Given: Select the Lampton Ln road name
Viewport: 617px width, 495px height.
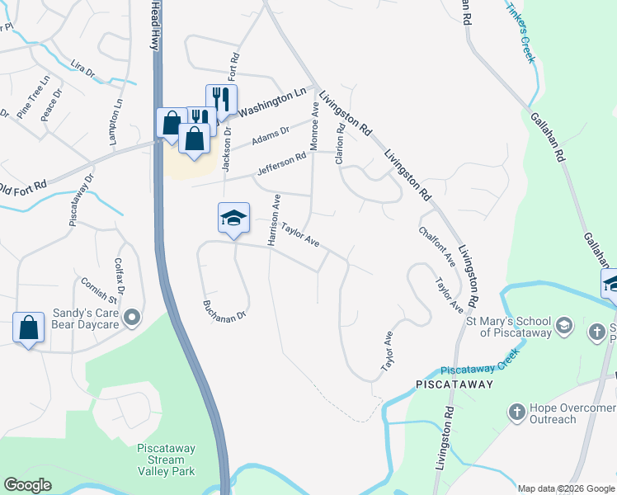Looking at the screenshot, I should click(115, 119).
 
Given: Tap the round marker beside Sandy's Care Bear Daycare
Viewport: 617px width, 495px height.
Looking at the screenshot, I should click(132, 318).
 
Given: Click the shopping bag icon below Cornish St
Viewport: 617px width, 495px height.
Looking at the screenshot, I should click(28, 328).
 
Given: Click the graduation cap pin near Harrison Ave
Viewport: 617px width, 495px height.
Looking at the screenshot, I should click(233, 218).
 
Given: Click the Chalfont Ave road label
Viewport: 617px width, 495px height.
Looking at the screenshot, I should click(437, 247).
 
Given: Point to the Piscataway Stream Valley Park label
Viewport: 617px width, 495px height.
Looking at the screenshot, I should click(166, 460).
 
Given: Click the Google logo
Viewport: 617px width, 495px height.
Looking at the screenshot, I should click(28, 484).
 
